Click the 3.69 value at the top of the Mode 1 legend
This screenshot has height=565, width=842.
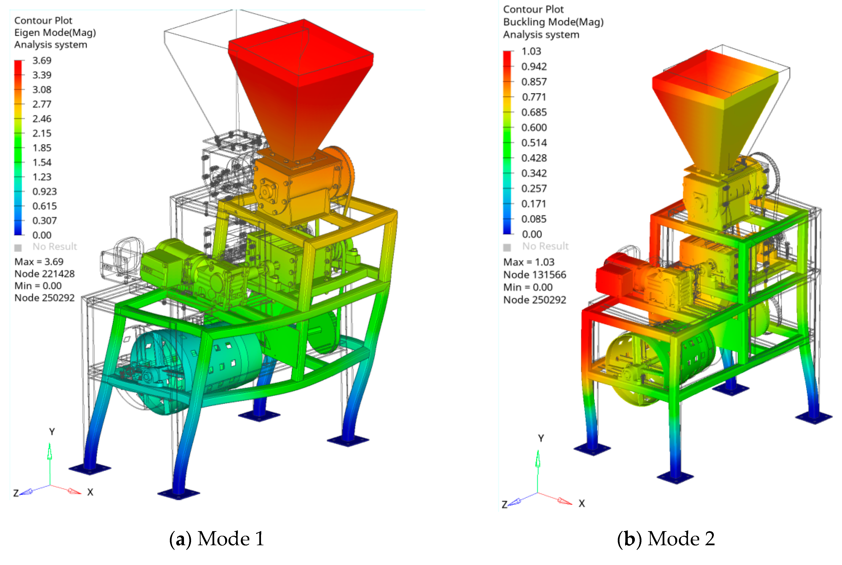pyautogui.click(x=42, y=60)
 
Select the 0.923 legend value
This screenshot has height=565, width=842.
pyautogui.click(x=44, y=191)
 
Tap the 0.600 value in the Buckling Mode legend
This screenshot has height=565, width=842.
pyautogui.click(x=534, y=127)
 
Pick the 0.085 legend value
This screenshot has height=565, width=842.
pyautogui.click(x=534, y=219)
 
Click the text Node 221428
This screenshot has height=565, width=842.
pyautogui.click(x=44, y=274)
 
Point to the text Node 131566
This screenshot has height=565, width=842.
pyautogui.click(x=534, y=275)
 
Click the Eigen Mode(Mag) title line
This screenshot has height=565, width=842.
pyautogui.click(x=55, y=32)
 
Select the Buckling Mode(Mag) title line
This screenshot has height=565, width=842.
pyautogui.click(x=553, y=22)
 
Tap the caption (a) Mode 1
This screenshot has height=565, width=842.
pyautogui.click(x=217, y=539)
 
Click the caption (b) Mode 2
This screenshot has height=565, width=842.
pyautogui.click(x=666, y=539)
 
